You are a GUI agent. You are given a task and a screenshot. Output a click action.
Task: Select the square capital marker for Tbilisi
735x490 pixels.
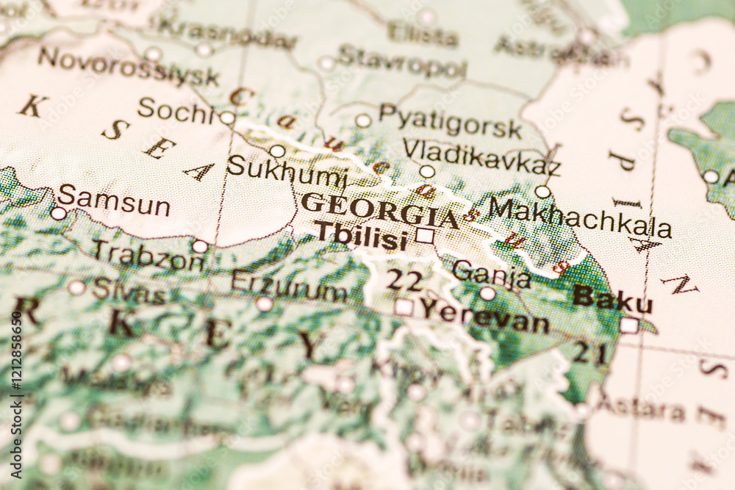pyautogui.click(x=425, y=236)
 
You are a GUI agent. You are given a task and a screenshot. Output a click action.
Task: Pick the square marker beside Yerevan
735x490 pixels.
pyautogui.click(x=404, y=306)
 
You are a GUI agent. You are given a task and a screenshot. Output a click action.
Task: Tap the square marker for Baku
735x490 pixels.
pyautogui.click(x=628, y=325)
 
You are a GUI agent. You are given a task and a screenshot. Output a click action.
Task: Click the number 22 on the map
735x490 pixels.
pyautogui.click(x=405, y=280)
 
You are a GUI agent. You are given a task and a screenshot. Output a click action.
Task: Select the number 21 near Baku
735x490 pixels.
pyautogui.click(x=589, y=353)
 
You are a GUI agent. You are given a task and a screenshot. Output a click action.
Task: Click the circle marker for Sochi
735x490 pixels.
pyautogui.click(x=227, y=118)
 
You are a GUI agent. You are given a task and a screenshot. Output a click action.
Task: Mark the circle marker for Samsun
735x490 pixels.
pyautogui.click(x=58, y=213)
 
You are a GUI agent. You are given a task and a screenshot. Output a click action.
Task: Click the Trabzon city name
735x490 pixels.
pyautogui.click(x=148, y=255)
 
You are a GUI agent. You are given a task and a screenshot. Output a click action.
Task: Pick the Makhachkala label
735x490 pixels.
pyautogui.click(x=580, y=217)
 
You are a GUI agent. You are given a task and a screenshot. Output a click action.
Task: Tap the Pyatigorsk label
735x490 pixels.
pyautogui.click(x=450, y=121)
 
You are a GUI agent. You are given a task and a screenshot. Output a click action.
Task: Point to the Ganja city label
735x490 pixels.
pyautogui.click(x=491, y=273)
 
